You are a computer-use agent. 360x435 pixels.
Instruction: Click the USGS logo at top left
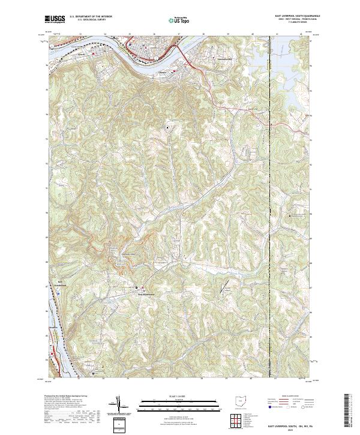55,20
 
